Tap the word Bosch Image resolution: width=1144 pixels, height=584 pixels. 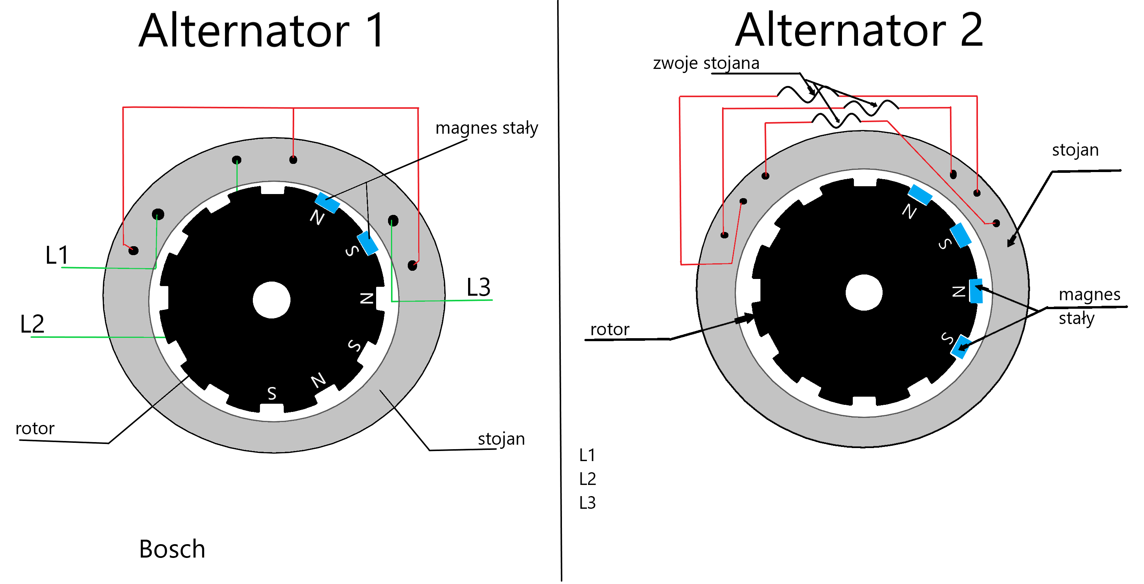172,549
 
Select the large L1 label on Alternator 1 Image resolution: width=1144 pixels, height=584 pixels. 57,256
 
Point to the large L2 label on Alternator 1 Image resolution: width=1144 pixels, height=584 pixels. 32,324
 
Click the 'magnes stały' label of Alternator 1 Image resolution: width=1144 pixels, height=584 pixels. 487,128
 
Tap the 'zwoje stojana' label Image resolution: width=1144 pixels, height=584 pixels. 706,63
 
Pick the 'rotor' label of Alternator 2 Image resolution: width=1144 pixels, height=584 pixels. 610,330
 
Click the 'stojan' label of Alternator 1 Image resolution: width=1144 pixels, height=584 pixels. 501,439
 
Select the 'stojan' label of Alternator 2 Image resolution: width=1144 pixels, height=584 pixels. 1075,150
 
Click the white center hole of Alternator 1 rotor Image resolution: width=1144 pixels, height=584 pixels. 272,300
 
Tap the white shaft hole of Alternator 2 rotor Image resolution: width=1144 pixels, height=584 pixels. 864,293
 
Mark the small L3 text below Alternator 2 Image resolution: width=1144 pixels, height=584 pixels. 588,503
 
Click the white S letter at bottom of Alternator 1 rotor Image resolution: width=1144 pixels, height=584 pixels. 272,393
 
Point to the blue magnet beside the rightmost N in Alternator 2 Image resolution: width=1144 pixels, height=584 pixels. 976,291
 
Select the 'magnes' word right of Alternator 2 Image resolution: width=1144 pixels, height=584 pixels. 1089,295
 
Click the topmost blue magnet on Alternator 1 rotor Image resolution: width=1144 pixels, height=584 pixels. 327,203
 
